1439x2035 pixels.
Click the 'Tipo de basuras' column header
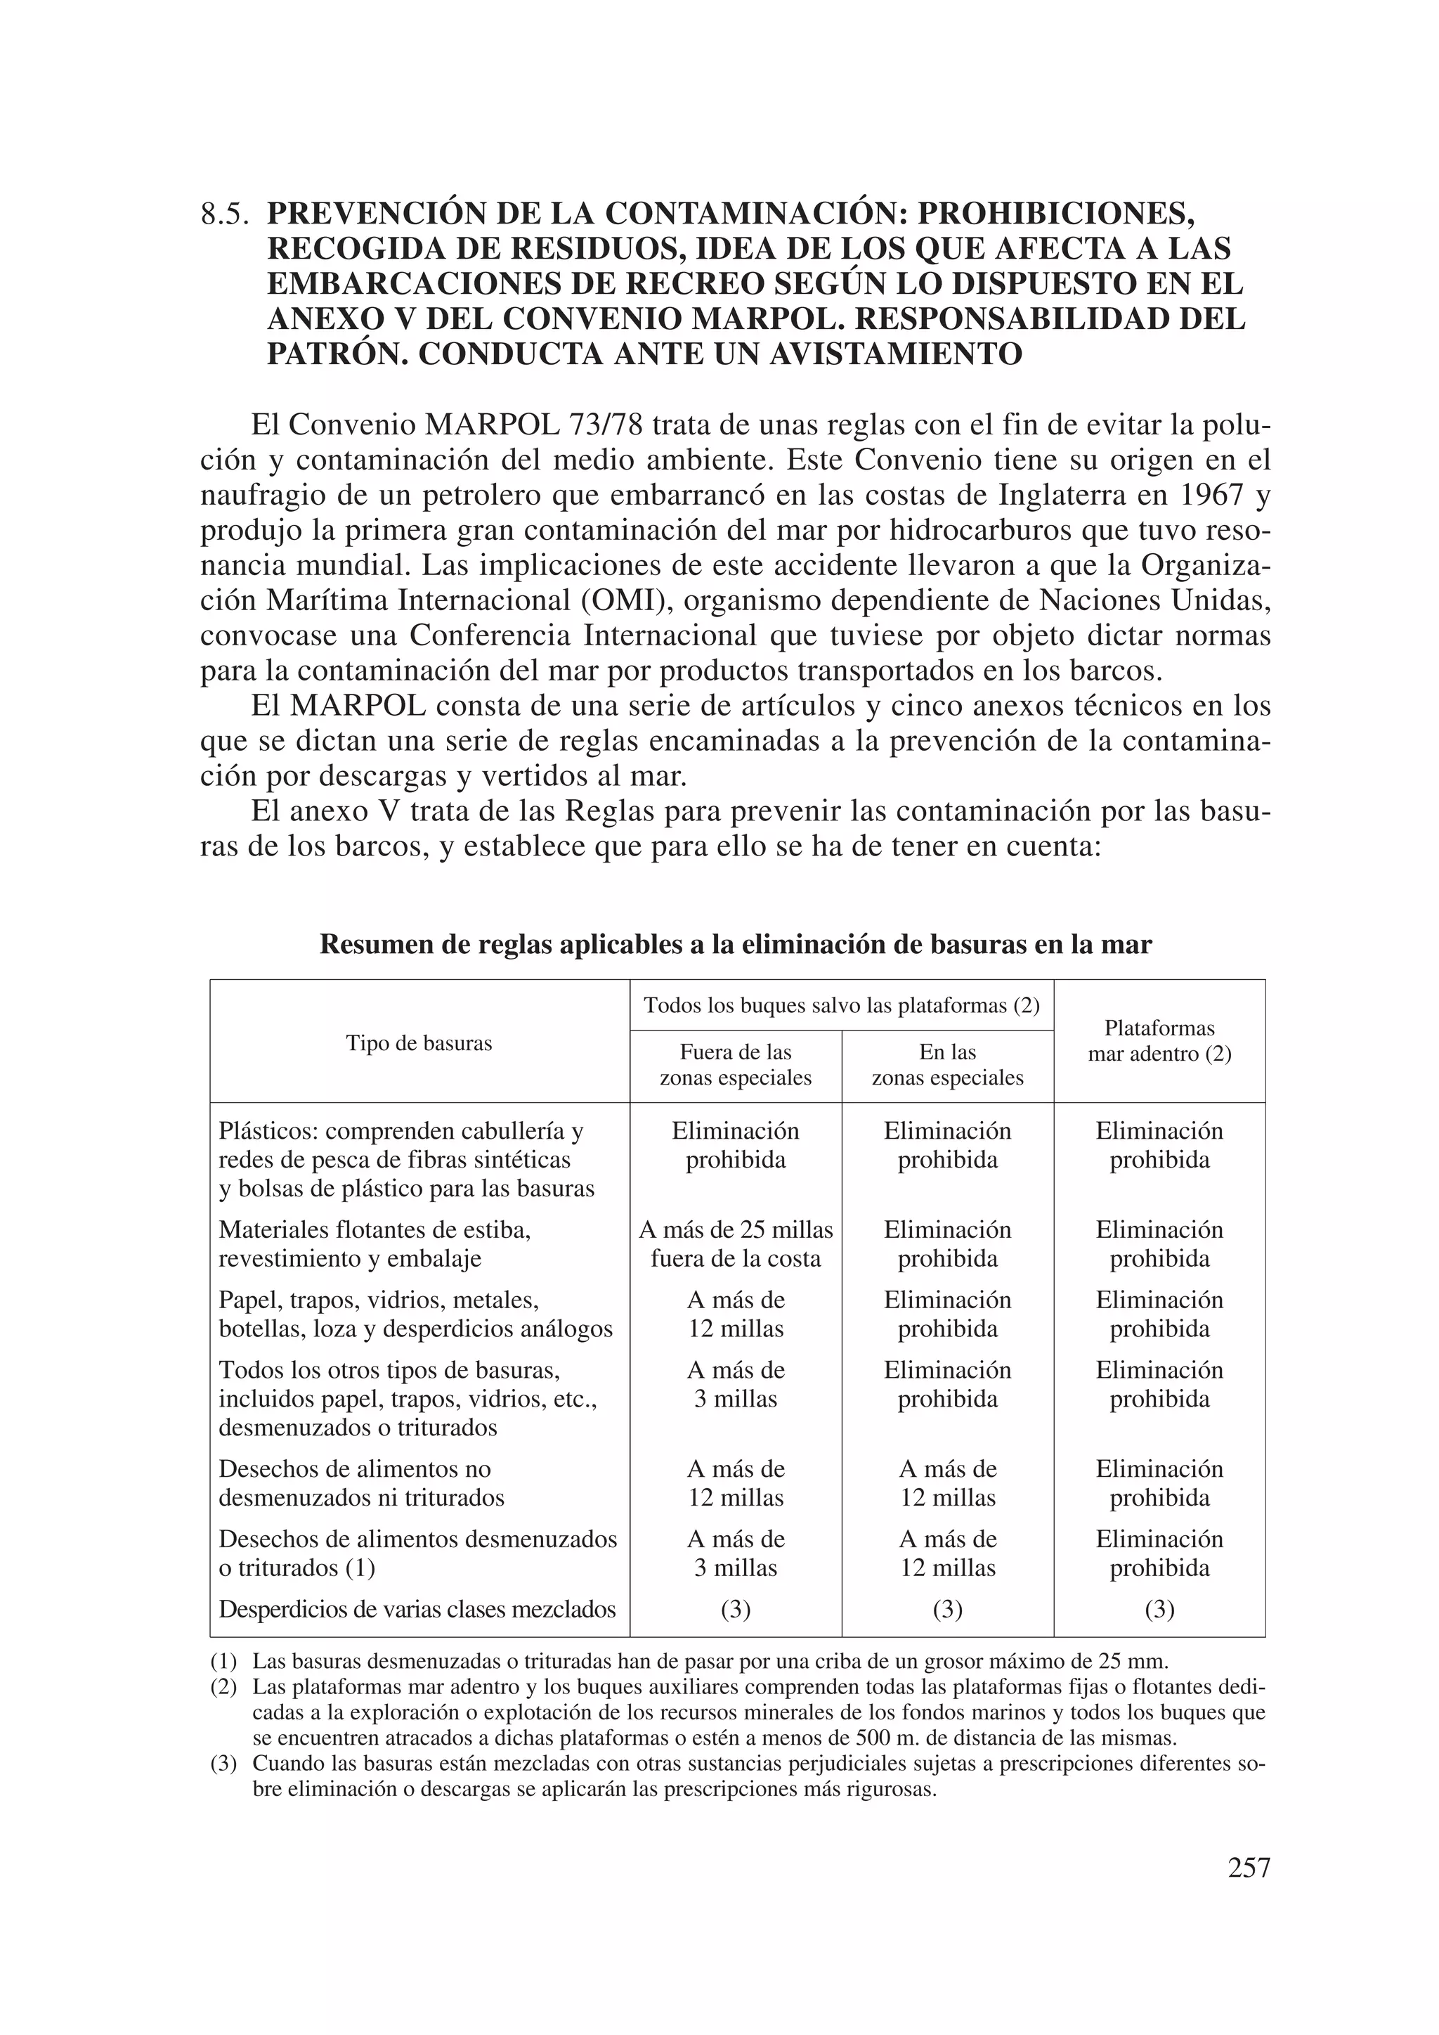[418, 1043]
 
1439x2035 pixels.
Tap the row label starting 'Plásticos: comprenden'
[401, 1132]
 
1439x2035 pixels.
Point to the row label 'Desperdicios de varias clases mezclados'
[417, 1609]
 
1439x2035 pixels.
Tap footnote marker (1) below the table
[223, 1662]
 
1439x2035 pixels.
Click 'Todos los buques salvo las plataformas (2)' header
[841, 1006]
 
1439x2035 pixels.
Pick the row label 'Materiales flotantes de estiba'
[374, 1230]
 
